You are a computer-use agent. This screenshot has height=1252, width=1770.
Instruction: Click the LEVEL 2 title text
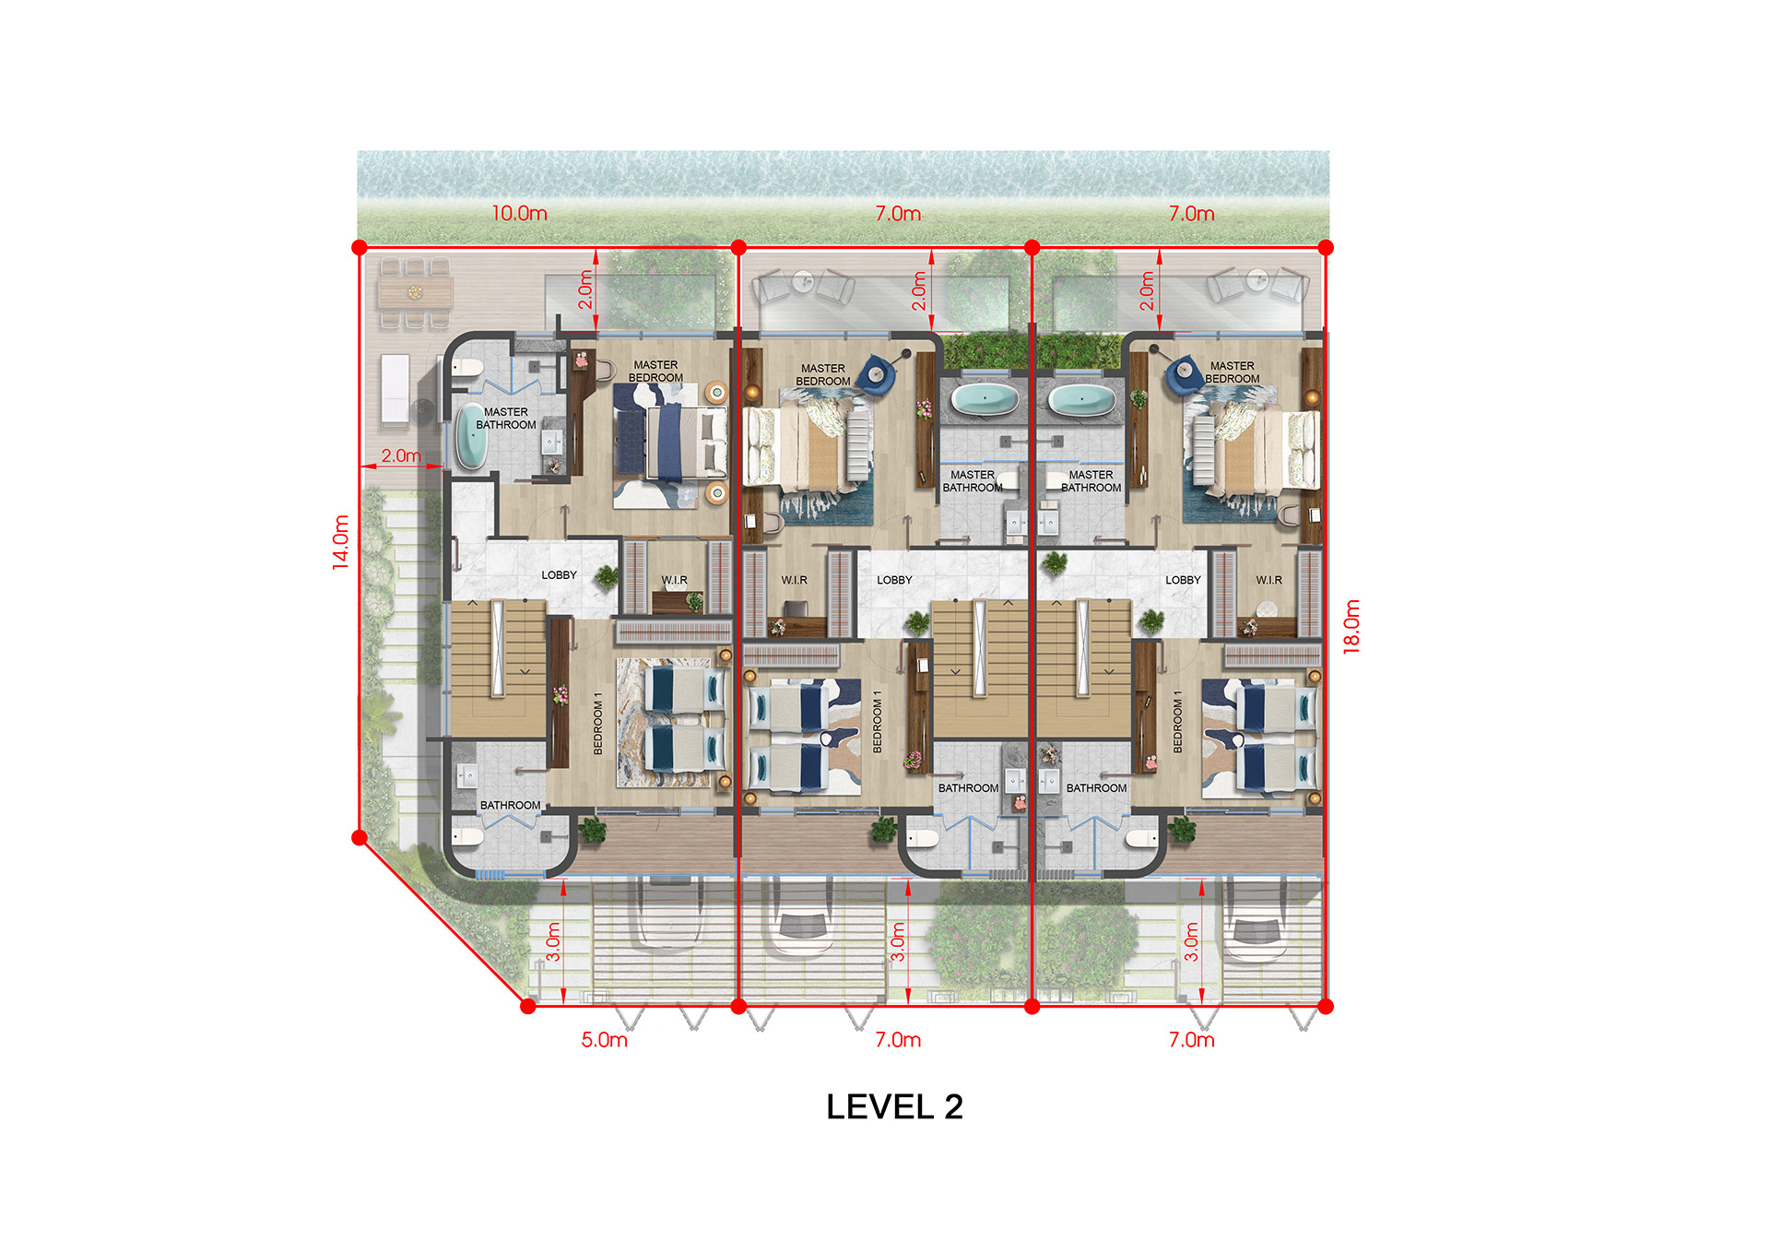(894, 1106)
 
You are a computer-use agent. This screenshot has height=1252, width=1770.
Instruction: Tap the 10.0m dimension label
(519, 213)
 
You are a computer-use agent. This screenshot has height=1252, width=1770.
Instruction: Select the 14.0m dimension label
(341, 542)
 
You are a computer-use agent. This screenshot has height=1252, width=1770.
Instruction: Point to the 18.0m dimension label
(1351, 627)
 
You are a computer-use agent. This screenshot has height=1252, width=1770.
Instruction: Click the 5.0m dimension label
(604, 1040)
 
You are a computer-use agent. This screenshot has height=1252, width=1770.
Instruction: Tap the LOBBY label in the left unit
(559, 575)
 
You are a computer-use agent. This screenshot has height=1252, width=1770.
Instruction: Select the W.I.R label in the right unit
(1268, 580)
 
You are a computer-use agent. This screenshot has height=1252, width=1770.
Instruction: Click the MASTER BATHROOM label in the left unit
(506, 419)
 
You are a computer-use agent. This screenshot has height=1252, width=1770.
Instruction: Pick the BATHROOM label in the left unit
(510, 805)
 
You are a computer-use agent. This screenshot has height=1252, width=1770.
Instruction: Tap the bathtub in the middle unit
(985, 399)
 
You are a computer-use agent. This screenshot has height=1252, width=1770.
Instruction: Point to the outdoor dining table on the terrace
(415, 293)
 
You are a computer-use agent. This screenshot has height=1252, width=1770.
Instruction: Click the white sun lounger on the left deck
(395, 389)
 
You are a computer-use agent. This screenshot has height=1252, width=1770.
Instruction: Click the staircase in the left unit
(498, 667)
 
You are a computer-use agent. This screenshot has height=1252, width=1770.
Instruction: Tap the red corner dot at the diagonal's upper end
(360, 837)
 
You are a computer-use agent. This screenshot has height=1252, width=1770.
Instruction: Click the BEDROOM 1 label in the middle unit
(877, 721)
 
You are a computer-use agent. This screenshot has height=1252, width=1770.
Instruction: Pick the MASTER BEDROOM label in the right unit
(1232, 372)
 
